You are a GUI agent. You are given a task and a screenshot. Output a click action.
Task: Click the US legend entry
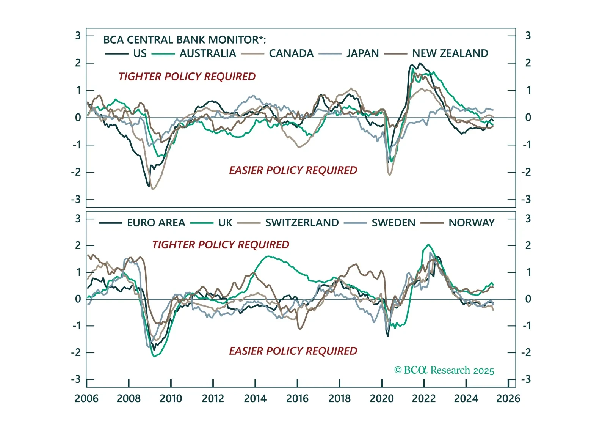[140, 53]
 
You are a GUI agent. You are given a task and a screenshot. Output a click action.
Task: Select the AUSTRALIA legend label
[207, 53]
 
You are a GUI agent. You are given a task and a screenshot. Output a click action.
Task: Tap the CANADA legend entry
[291, 53]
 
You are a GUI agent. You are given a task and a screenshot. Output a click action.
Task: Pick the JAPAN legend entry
[362, 53]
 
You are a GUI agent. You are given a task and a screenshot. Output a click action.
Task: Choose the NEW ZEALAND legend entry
[450, 53]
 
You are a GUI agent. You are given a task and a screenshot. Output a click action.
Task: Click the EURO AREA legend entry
[156, 223]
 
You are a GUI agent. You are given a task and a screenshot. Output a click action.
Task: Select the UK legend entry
[225, 223]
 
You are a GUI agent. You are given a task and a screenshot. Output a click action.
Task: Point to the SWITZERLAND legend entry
[302, 223]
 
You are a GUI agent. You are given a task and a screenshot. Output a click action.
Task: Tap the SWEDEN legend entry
[393, 223]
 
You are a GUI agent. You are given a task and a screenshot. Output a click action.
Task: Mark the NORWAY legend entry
[471, 223]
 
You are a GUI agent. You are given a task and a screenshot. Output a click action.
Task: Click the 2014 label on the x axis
[255, 399]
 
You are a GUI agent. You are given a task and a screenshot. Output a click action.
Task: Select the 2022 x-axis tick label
[424, 399]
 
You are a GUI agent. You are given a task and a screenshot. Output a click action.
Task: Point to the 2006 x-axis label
[86, 399]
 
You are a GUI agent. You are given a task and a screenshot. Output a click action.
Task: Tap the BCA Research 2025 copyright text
[444, 370]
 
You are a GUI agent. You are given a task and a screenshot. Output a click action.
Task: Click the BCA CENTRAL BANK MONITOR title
[185, 40]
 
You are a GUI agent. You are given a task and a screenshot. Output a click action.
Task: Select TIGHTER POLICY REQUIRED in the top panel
[187, 77]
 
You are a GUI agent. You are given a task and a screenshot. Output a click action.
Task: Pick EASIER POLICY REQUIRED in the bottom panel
[293, 351]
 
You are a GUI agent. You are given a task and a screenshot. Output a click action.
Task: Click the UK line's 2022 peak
[428, 245]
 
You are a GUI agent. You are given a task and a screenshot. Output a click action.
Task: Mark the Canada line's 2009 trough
[153, 189]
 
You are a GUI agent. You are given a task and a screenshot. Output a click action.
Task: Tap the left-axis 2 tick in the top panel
[78, 63]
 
